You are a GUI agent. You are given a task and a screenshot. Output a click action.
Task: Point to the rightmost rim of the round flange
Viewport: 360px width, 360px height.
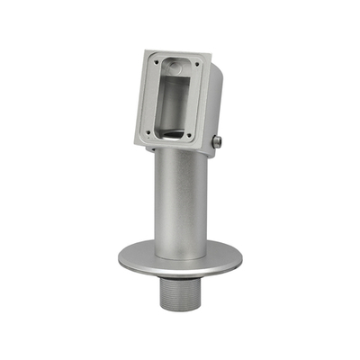(242, 264)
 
